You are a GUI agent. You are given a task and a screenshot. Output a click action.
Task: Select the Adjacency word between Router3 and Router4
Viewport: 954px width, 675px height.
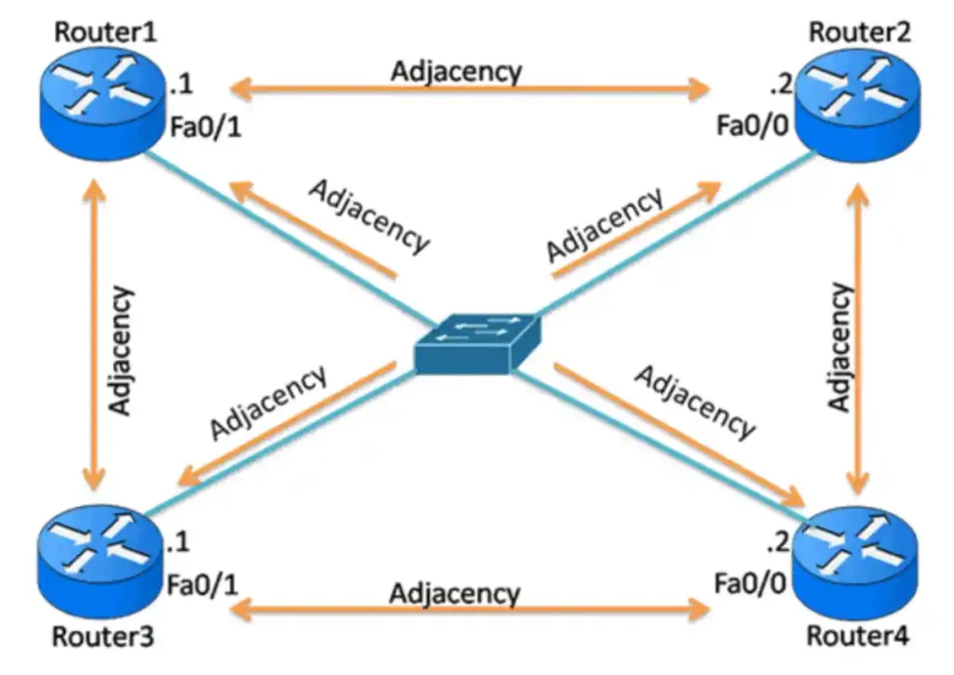click(x=455, y=592)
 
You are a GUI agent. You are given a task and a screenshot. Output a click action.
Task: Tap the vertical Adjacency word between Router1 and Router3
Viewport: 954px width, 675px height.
click(x=121, y=350)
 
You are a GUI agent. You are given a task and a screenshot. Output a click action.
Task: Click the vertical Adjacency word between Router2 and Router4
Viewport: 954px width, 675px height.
click(x=840, y=347)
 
